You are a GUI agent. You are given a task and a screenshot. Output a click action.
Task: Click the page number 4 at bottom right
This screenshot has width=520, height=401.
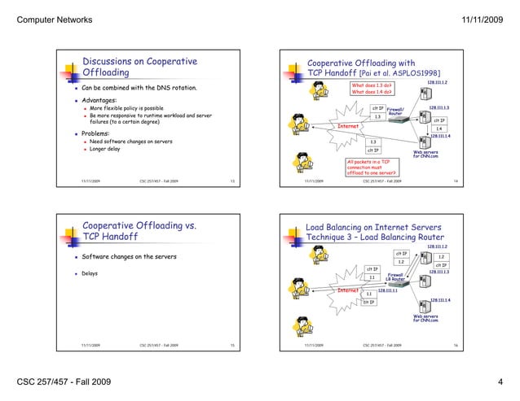point(500,381)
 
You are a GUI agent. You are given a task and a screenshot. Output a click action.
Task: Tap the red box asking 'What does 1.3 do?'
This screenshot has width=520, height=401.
point(373,85)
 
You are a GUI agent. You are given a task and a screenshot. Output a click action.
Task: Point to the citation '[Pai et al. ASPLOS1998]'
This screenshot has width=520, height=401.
point(393,73)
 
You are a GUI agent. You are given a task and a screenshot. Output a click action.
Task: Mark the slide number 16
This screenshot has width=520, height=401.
point(456,346)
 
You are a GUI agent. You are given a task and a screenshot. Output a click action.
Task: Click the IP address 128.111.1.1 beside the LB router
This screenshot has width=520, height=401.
point(387,288)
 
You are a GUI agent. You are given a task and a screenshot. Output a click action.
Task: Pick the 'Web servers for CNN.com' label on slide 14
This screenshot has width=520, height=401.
point(425,154)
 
